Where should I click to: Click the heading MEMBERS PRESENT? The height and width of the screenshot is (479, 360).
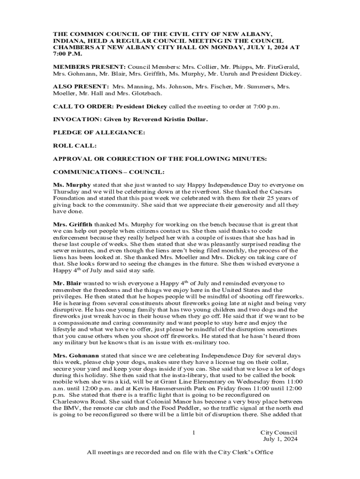(89, 67)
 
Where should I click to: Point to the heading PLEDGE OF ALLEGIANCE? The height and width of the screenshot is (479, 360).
(99, 132)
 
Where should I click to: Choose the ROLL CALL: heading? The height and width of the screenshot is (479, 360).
(75, 146)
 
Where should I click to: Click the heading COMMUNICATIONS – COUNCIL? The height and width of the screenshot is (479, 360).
(108, 172)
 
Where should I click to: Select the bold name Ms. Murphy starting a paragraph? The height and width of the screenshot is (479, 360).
(72, 185)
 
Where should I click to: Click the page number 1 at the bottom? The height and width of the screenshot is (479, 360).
(193, 433)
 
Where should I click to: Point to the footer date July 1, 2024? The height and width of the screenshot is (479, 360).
(280, 439)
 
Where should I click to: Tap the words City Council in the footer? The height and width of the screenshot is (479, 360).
(279, 433)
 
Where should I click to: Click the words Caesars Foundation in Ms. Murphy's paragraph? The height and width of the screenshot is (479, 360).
(281, 192)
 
